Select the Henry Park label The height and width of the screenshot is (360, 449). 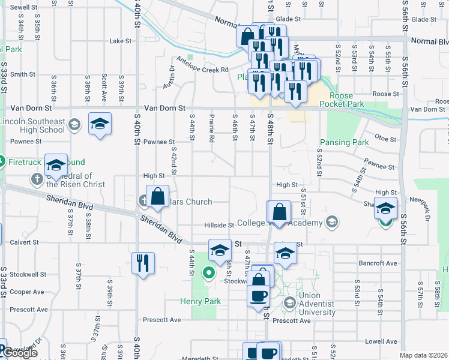[200, 301]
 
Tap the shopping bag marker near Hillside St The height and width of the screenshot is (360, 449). [279, 212]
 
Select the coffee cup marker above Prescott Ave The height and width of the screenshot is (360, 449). [259, 296]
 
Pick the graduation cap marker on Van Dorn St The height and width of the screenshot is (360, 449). [100, 124]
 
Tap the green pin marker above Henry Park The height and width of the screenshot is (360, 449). [209, 274]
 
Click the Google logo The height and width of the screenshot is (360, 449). [19, 352]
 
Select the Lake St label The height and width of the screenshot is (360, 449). [120, 41]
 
